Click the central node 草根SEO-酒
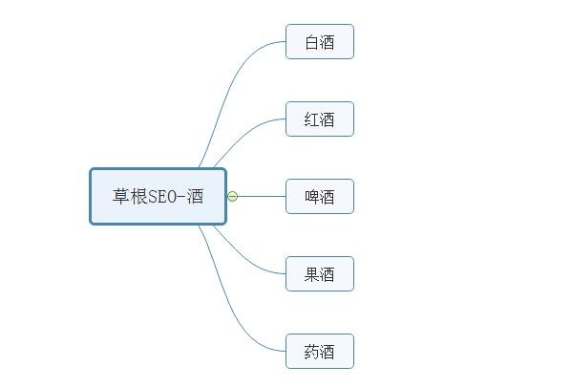159,196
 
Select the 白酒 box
320,41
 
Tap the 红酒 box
320,119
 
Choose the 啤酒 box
320,196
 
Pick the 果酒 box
320,274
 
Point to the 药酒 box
320,351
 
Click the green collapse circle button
233,196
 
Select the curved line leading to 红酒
244,134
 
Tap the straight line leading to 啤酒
262,196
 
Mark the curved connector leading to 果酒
244,258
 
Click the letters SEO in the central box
162,196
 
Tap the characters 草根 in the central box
130,196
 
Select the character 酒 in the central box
195,196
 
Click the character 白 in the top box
311,42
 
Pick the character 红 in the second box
311,119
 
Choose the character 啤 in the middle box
311,197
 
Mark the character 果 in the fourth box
311,274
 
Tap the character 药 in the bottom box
311,352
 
